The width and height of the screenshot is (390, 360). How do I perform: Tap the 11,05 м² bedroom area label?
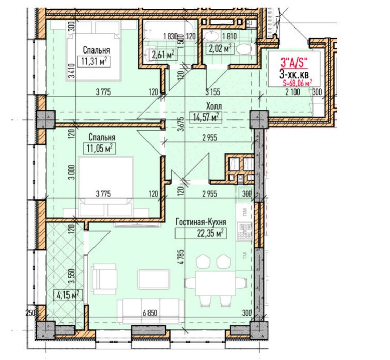[100, 148]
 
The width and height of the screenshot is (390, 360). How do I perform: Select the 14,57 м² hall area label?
[206, 117]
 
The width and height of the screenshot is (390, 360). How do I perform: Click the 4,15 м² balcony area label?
[68, 295]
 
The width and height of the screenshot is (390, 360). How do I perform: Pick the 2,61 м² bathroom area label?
[163, 55]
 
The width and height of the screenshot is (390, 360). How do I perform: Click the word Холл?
[213, 106]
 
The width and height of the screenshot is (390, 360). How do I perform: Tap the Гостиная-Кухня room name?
[201, 222]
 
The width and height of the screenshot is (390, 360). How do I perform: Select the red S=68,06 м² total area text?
[297, 83]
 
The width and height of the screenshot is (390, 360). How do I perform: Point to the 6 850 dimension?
[150, 313]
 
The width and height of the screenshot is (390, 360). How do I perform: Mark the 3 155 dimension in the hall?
[213, 92]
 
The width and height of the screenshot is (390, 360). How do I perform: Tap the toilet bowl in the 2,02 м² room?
[245, 48]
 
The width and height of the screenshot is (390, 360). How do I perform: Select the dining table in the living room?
[216, 283]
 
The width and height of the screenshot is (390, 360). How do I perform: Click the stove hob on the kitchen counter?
[245, 231]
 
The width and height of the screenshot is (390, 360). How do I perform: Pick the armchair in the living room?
[104, 279]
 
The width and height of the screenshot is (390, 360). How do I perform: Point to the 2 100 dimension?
[292, 92]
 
